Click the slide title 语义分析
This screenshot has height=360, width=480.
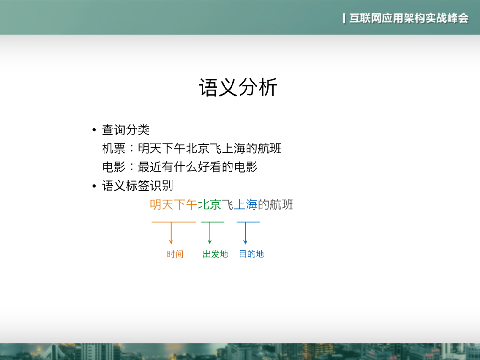tap(238, 88)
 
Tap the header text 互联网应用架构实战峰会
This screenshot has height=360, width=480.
tap(408, 18)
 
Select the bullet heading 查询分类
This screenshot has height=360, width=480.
tap(126, 130)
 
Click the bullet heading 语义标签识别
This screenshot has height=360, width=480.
tap(138, 186)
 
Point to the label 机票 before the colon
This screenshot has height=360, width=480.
tap(113, 149)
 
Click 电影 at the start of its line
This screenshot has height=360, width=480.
tap(113, 167)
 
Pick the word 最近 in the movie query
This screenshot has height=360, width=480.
tap(150, 167)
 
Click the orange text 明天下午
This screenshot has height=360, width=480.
tap(173, 204)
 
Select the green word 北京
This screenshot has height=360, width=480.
tap(210, 204)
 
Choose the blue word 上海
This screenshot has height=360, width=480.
tap(246, 204)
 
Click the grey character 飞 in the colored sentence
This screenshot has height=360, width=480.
tap(227, 204)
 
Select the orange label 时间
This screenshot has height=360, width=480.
tap(175, 254)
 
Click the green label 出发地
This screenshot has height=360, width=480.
tap(215, 254)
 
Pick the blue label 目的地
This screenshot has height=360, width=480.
tap(251, 254)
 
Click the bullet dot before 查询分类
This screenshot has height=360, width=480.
tap(94, 130)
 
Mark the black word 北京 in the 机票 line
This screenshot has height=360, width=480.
tap(197, 149)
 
